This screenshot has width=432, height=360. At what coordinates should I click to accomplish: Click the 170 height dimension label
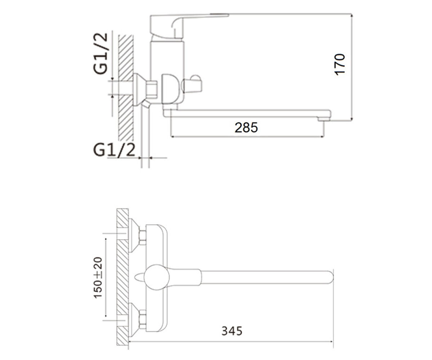[x=339, y=64]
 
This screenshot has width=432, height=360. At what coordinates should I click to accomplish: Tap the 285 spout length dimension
[x=246, y=127]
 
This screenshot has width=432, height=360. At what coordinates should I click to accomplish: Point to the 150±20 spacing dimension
[x=98, y=278]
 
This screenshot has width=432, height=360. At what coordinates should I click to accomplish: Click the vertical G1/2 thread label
[x=100, y=53]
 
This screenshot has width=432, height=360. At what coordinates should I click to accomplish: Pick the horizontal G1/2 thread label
[x=114, y=150]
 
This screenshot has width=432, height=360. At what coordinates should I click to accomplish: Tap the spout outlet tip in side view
[x=324, y=119]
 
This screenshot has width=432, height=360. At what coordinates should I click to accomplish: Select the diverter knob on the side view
[x=192, y=84]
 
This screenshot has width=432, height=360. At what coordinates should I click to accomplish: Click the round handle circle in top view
[x=157, y=277]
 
